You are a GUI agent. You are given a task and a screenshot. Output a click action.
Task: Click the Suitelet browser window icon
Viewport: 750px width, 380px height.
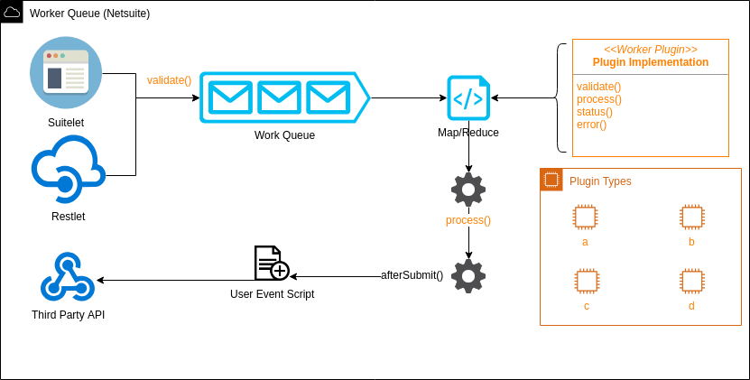[66, 72]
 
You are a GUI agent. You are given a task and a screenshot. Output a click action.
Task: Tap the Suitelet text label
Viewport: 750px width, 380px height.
[66, 123]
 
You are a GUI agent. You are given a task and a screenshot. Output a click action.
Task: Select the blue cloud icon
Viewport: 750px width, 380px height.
[68, 168]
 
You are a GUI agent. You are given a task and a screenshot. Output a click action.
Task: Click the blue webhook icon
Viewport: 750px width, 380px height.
[68, 278]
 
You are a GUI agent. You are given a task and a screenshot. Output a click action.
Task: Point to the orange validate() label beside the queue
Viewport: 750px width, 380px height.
[170, 80]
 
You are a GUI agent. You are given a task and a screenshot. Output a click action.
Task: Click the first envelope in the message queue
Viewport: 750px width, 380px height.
[230, 97]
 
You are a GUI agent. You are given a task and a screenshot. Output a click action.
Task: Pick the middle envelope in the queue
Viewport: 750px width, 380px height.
[279, 97]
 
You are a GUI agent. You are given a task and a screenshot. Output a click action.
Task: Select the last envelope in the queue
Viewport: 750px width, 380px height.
[328, 97]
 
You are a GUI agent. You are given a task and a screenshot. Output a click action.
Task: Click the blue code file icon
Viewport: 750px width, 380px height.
[468, 97]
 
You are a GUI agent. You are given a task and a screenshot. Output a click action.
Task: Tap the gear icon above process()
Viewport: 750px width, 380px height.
[468, 190]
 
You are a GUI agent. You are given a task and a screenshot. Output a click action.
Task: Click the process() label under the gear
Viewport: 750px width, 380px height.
[468, 220]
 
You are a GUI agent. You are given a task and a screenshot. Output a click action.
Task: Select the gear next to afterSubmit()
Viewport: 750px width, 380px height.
[468, 276]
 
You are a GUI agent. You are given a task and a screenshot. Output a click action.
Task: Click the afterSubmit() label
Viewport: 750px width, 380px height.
[412, 275]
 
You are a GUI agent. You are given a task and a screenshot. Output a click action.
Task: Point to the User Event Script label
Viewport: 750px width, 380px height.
[272, 294]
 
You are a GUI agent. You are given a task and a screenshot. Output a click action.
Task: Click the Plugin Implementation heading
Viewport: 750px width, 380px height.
[650, 62]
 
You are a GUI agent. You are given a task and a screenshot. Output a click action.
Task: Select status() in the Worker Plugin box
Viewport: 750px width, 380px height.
[594, 112]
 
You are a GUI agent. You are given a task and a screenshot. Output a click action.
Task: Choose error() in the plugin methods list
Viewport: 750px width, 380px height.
[591, 125]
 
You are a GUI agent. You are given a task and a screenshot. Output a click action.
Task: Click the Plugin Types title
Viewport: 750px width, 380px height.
[600, 181]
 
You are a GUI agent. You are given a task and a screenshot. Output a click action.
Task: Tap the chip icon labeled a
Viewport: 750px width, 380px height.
[585, 217]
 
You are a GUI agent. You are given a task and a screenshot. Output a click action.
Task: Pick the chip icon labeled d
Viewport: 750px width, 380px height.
[692, 281]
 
